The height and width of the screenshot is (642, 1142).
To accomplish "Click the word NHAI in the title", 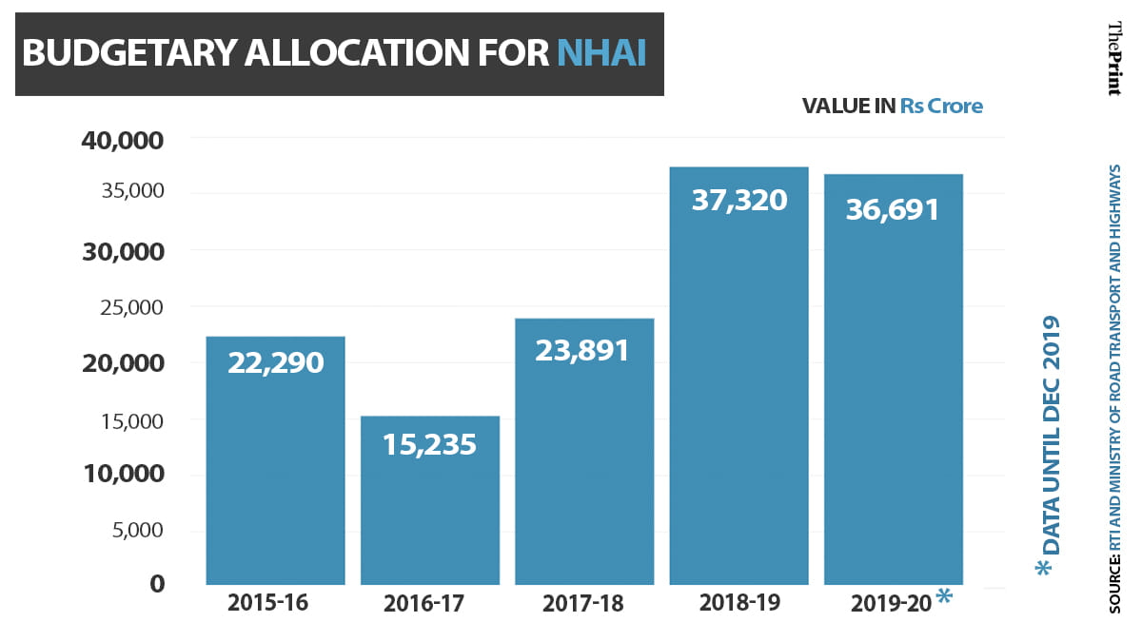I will tap(601, 54).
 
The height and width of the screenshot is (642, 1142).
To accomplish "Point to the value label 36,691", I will tap(893, 209).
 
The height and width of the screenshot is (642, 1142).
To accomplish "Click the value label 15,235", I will tap(429, 444).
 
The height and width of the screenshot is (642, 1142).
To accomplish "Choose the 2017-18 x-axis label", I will tap(583, 604).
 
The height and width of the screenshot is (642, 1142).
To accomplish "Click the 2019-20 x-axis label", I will tap(891, 604).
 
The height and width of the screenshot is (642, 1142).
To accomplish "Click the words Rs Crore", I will tap(941, 106).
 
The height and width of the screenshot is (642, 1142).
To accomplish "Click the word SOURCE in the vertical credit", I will tap(1114, 580).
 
